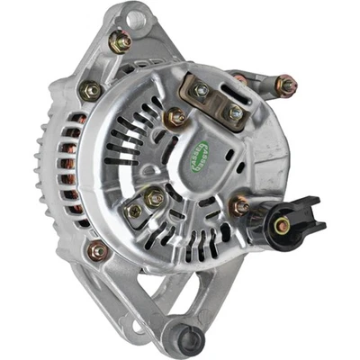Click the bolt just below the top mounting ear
tap(120, 41)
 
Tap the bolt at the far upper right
tap(286, 86)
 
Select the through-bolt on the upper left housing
tap(91, 91)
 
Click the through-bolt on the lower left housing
tap(98, 252)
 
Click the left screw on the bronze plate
tap(200, 90)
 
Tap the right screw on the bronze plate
tap(234, 112)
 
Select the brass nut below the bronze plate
tap(175, 118)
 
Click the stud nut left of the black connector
tap(241, 207)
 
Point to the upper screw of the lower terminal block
tap(154, 197)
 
